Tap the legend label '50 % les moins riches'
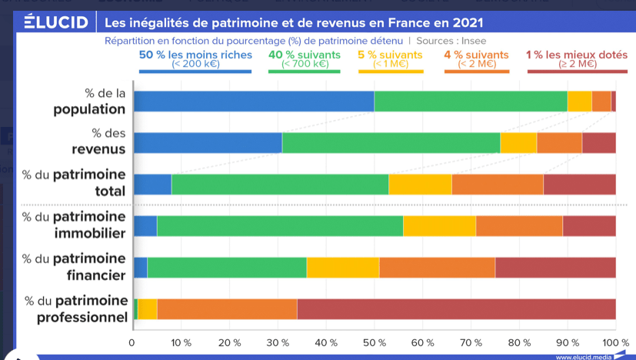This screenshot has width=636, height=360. [x=195, y=55]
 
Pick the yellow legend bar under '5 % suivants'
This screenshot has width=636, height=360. [x=390, y=72]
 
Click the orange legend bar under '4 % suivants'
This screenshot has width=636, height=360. [x=476, y=72]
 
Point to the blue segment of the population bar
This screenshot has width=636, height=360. [x=254, y=101]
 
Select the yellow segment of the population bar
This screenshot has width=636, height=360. [x=579, y=101]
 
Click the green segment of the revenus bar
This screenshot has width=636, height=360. [x=391, y=143]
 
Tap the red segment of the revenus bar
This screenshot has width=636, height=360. [x=598, y=143]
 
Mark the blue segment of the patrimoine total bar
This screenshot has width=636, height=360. [x=152, y=185]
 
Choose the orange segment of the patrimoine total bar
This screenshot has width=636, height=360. [x=497, y=185]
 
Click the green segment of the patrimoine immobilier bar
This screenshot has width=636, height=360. [x=280, y=225]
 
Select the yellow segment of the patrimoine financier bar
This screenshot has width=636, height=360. [x=342, y=267]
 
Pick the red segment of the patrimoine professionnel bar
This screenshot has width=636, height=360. [x=456, y=308]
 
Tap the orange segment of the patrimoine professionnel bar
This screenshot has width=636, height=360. [x=227, y=308]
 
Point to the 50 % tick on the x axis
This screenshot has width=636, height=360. [x=374, y=342]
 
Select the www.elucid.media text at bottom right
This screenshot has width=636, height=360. [x=583, y=356]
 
